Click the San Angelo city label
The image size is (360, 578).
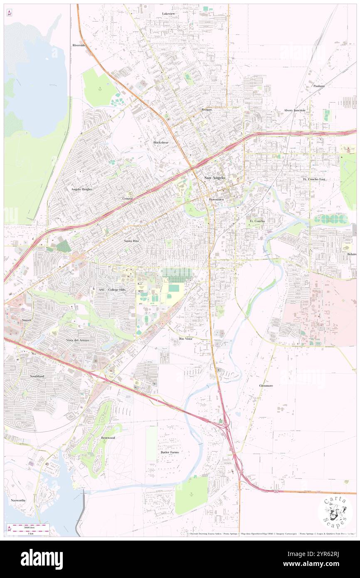point(215,178)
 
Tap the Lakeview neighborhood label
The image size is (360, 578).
point(168,14)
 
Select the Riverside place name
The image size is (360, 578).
point(79,45)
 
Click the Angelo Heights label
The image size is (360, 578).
point(81,189)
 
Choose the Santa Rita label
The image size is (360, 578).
point(131,241)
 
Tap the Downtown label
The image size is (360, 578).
point(216,200)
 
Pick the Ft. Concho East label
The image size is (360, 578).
point(314,179)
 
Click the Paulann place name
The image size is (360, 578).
point(319,86)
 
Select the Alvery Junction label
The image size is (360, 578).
point(294,110)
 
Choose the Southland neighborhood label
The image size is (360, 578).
point(37,376)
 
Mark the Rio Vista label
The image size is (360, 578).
point(185,339)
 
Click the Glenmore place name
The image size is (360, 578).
point(266,386)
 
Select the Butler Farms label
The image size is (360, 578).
point(169,452)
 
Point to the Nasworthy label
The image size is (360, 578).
point(18,500)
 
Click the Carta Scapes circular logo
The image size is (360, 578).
point(335,512)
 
